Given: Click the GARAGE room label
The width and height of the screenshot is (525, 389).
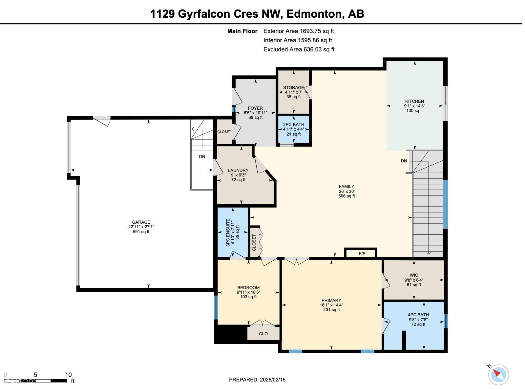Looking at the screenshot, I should tap(141, 222).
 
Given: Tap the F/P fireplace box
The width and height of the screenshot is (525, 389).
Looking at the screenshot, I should tap(362, 253).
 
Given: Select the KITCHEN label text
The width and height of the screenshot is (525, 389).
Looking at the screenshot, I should tap(414, 101).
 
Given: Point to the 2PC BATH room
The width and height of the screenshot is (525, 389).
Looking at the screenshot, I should tap(293, 129).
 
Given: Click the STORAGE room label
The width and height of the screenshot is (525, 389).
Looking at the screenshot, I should tap(293, 87).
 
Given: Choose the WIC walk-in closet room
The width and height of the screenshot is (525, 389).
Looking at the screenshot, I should tap(414, 280).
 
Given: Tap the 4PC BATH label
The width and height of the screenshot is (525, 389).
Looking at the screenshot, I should tap(418, 315).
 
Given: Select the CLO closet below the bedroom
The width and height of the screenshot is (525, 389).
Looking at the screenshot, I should tap(263, 334).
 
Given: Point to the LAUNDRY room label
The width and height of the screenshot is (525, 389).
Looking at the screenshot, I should tap(238, 170).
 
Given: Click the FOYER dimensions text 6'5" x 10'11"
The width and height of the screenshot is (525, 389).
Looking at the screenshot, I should tap(255, 113).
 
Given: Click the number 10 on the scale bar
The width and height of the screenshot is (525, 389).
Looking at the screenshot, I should tap(68, 375).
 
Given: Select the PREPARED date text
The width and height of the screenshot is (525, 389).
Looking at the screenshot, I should tap(257, 380).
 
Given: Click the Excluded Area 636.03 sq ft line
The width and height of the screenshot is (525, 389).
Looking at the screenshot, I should tap(299, 49).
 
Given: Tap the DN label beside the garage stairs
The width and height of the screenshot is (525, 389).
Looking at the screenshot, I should tap(202, 157).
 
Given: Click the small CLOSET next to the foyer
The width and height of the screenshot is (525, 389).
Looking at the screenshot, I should tap(224, 132).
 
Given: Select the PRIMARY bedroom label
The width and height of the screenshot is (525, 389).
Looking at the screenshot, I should tap(331, 300).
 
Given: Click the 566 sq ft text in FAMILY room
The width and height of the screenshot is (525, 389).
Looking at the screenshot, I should tap(346, 196).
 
